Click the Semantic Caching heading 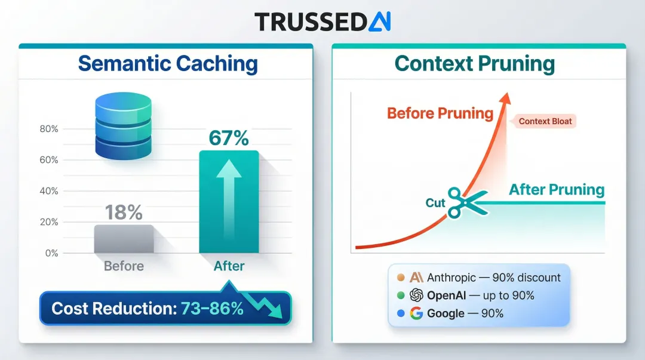(x=168, y=63)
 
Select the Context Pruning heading (x=475, y=63)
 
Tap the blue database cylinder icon (x=124, y=127)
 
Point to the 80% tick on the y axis (x=48, y=129)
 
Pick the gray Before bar (x=124, y=239)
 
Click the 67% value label (x=229, y=138)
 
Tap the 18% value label (x=124, y=212)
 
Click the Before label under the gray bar (x=124, y=266)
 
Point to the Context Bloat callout (x=545, y=121)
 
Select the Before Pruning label (x=440, y=113)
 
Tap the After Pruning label (x=557, y=190)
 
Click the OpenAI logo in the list (x=417, y=296)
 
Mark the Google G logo (x=417, y=313)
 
